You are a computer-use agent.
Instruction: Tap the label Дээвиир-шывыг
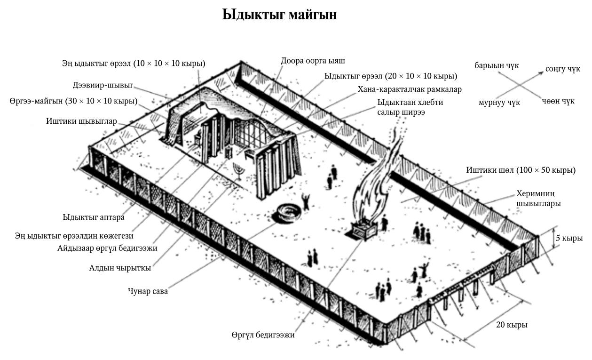[103, 85]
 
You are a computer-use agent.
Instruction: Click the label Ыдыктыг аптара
[93, 217]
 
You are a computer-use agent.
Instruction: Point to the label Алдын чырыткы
[120, 268]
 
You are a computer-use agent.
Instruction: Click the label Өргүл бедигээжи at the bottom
[263, 335]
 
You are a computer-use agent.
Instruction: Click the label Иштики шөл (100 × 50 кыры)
[521, 170]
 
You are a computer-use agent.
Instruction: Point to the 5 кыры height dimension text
[569, 238]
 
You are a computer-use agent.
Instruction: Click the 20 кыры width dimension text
[512, 325]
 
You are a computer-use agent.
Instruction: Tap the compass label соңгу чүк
[563, 69]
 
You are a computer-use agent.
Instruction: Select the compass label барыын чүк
[497, 65]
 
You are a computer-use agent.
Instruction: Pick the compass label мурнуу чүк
[499, 102]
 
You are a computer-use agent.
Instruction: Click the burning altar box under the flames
[365, 230]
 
